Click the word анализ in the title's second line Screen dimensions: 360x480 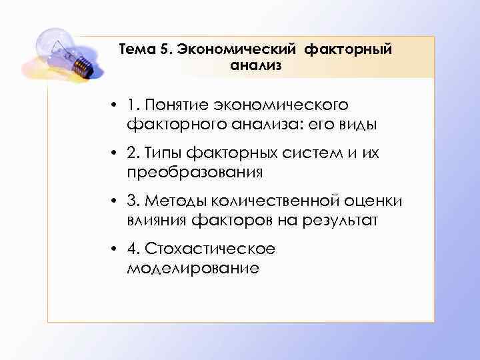coord(256,65)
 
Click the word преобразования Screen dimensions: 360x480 coord(194,172)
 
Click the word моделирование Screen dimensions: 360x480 coord(191,268)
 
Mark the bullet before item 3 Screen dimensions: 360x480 coord(115,202)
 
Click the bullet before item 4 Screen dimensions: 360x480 coord(115,250)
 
